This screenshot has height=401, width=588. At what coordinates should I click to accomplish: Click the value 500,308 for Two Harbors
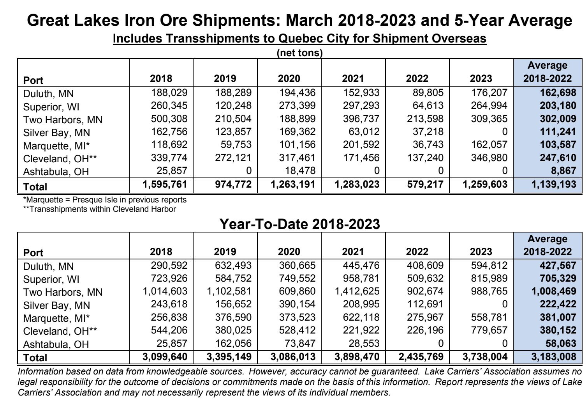click(x=169, y=119)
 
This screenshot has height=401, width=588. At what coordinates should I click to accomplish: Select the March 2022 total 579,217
click(x=425, y=185)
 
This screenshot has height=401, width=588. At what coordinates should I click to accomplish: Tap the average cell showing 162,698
click(x=558, y=93)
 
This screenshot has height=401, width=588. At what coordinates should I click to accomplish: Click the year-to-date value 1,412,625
click(x=357, y=291)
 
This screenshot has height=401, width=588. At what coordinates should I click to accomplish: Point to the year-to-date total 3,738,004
click(x=485, y=357)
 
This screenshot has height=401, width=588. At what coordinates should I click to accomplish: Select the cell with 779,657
click(x=489, y=330)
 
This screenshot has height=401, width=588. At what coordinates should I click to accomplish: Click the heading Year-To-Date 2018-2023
click(x=300, y=224)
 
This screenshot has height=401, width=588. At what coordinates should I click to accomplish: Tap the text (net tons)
click(x=300, y=53)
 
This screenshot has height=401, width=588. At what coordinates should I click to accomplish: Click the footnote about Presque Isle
click(x=105, y=200)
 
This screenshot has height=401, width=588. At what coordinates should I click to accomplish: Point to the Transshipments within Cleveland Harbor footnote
click(x=99, y=209)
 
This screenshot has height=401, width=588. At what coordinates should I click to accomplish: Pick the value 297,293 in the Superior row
click(x=361, y=106)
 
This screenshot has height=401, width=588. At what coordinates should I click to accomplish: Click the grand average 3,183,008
click(x=554, y=357)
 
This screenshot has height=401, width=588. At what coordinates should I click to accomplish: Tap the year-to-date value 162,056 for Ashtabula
click(x=233, y=343)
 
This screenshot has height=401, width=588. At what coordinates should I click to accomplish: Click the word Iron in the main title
click(x=136, y=21)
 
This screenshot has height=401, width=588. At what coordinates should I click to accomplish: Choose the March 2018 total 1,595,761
click(x=165, y=185)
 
